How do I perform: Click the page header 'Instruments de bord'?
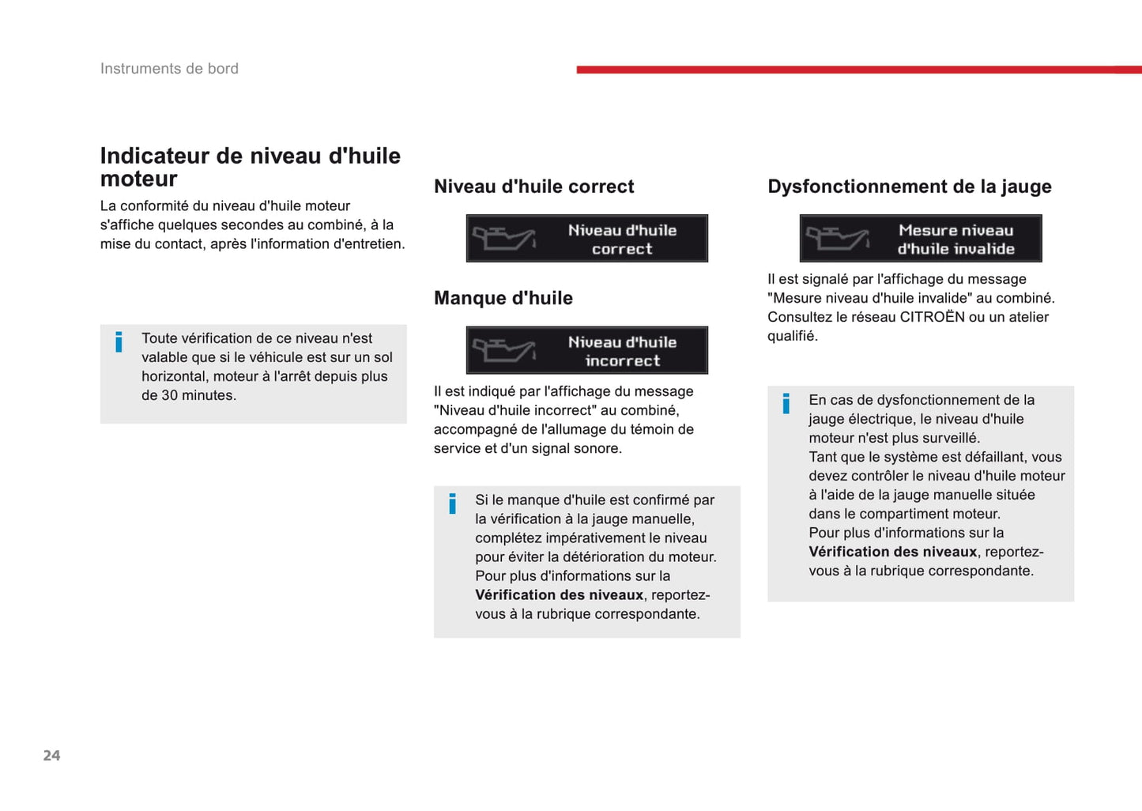(169, 69)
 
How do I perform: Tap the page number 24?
(51, 756)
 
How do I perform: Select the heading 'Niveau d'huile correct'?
(533, 187)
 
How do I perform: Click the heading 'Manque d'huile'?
(503, 298)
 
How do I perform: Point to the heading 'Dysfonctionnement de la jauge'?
(909, 187)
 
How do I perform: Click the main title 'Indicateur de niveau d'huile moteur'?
(250, 167)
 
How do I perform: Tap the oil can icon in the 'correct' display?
(503, 237)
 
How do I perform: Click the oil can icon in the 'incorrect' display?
(503, 349)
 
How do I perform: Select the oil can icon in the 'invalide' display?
(837, 237)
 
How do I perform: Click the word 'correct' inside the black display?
(622, 249)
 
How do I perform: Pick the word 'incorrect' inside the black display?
(622, 361)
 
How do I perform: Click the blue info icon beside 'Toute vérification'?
(119, 341)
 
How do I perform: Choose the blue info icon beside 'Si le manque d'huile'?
(452, 504)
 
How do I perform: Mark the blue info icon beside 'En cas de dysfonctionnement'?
(786, 403)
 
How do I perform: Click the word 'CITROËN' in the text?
(932, 317)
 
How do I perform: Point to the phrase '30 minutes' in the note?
(198, 395)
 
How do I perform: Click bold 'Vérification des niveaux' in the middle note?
(559, 595)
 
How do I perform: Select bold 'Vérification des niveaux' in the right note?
(892, 552)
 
